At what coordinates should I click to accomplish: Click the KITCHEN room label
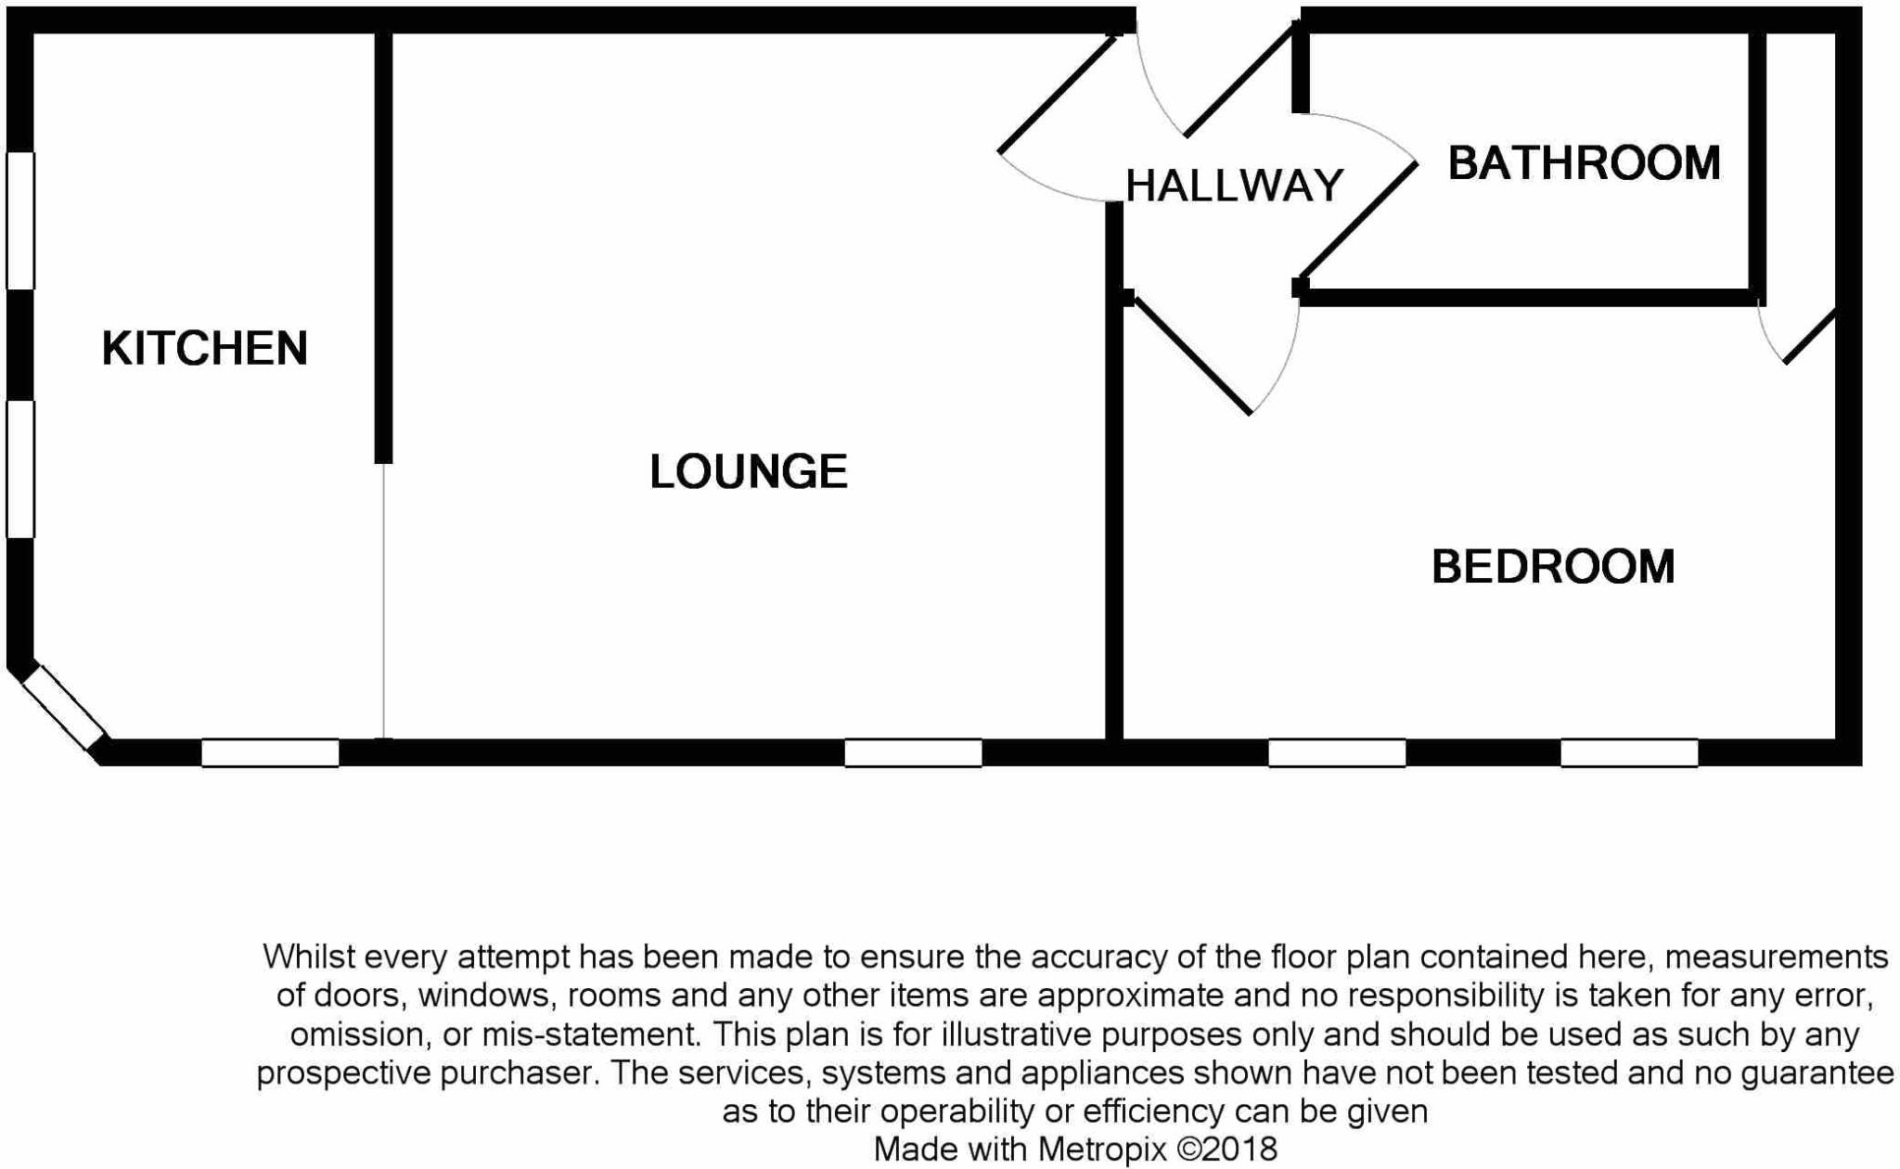[204, 349]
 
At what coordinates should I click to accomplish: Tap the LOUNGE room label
[748, 471]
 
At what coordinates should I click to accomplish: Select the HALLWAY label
[1234, 186]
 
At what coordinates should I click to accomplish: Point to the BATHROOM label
[1584, 163]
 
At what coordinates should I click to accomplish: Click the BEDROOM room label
[1553, 567]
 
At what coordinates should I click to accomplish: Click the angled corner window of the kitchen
[63, 708]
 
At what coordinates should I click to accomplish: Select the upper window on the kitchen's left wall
[20, 221]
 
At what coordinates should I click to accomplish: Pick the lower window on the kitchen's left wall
[20, 469]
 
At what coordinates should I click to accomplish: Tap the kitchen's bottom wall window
[270, 752]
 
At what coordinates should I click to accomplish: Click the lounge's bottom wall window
[913, 752]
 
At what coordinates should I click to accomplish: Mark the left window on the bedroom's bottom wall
[1337, 752]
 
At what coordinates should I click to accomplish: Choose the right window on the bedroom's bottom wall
[1629, 752]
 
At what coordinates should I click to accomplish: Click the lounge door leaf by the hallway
[1058, 94]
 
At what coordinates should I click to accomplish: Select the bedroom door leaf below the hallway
[1192, 355]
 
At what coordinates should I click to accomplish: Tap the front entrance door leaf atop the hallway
[1239, 82]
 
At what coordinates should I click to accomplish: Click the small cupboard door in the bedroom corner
[1810, 335]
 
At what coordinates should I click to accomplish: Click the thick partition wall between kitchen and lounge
[383, 246]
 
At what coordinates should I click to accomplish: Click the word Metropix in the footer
[1101, 1150]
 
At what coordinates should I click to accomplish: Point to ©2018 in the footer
[1226, 1150]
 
